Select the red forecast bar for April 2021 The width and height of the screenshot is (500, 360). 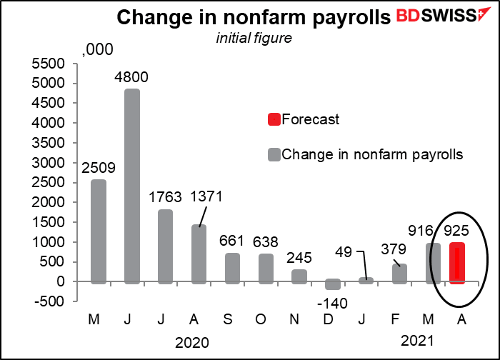point(456,262)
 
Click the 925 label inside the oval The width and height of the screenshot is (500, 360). point(457,231)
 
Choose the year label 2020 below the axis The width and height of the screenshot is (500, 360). point(192,343)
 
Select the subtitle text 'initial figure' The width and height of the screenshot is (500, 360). point(255,38)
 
